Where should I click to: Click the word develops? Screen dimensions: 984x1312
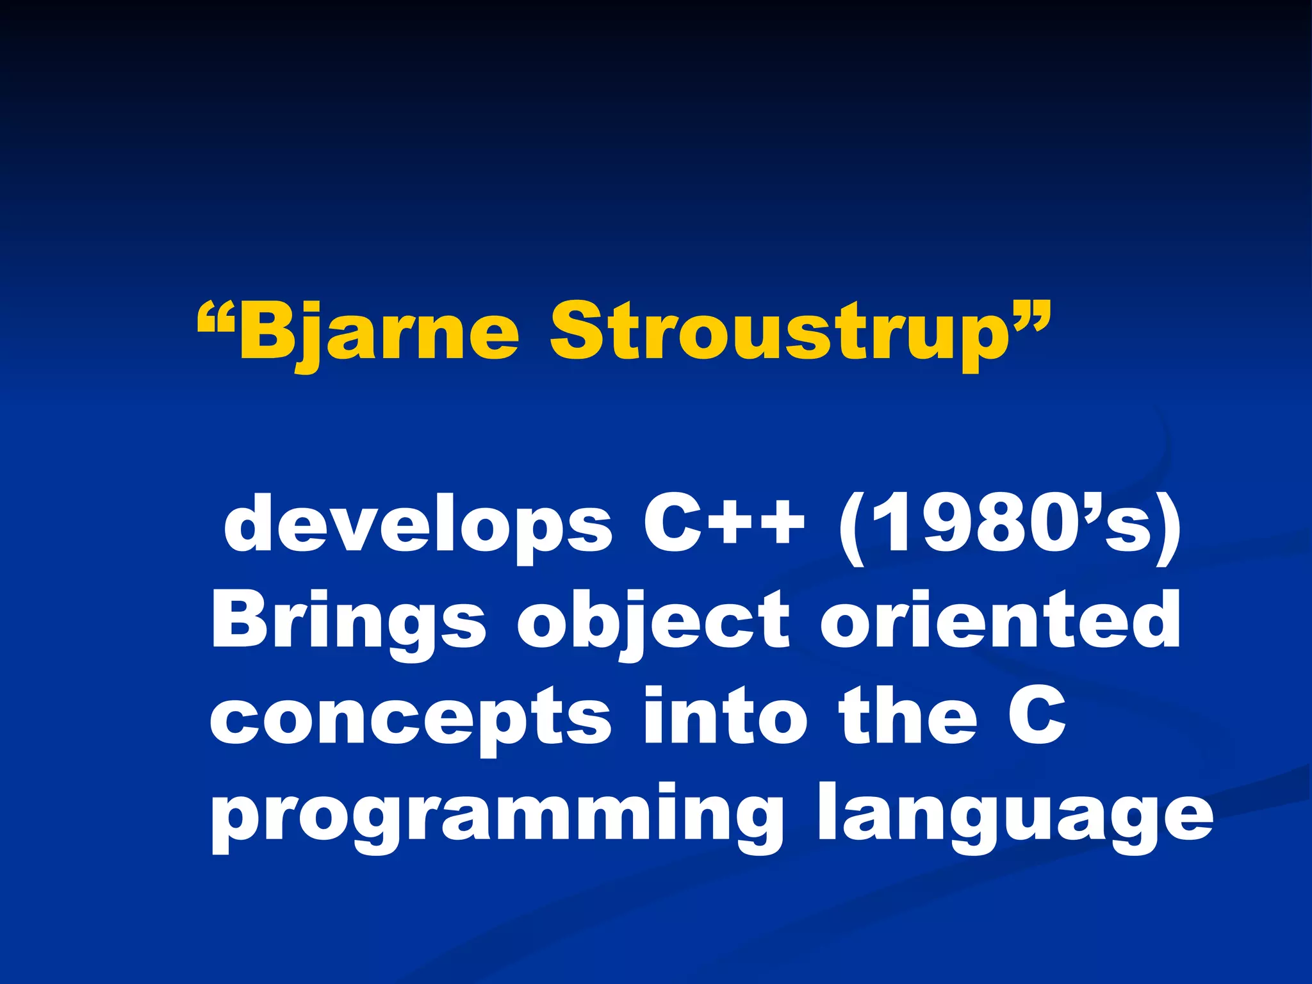click(x=418, y=525)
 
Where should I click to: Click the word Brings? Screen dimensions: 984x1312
click(x=348, y=621)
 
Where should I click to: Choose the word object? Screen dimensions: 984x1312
click(x=653, y=621)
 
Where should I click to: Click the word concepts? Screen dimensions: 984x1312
click(x=410, y=717)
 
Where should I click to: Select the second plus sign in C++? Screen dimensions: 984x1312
click(x=778, y=522)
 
